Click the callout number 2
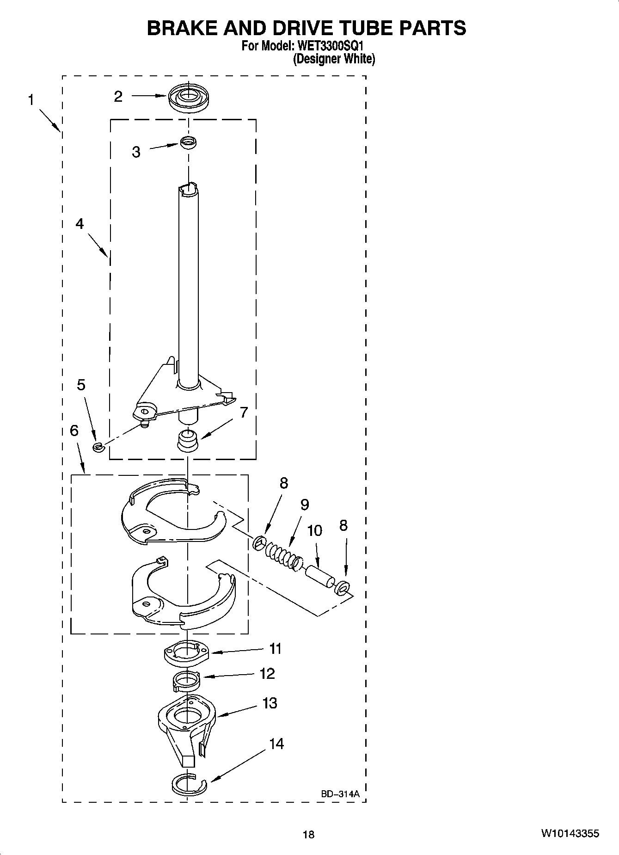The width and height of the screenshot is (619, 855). [118, 97]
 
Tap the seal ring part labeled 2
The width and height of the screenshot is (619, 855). [188, 98]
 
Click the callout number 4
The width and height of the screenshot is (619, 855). [80, 224]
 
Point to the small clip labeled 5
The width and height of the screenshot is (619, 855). [98, 447]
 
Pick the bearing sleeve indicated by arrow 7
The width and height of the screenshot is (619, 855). [188, 439]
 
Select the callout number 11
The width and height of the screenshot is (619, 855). [276, 649]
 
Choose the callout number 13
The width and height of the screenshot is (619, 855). [270, 703]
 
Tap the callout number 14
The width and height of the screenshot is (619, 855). [276, 744]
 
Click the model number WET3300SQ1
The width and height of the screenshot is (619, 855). [329, 47]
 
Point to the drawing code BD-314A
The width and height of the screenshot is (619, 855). [340, 794]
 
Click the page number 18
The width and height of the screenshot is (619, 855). [308, 834]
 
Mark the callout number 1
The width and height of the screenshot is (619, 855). [31, 100]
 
